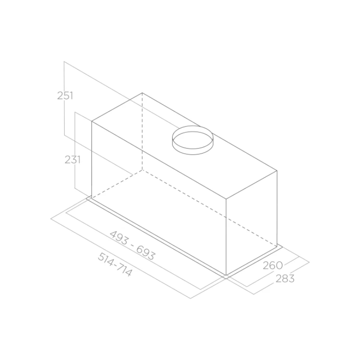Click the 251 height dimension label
65,95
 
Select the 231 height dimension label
72,160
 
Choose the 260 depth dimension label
273,265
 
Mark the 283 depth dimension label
284,279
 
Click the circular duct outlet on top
192,140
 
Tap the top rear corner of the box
142,93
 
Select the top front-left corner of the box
92,121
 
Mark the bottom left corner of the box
92,198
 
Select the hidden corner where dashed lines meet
142,170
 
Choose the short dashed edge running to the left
117,184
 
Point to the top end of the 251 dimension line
64,62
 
